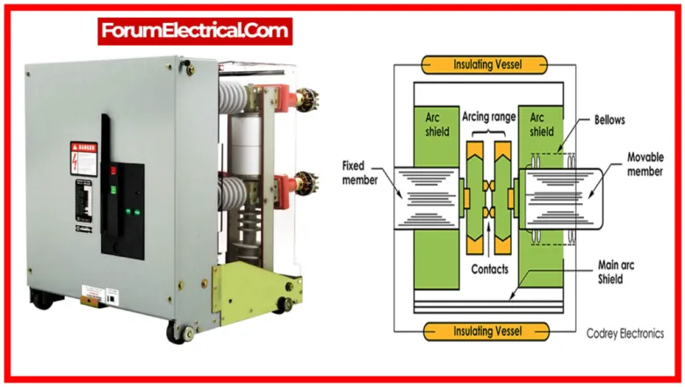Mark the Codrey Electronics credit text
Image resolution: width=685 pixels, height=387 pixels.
tap(625, 333)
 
